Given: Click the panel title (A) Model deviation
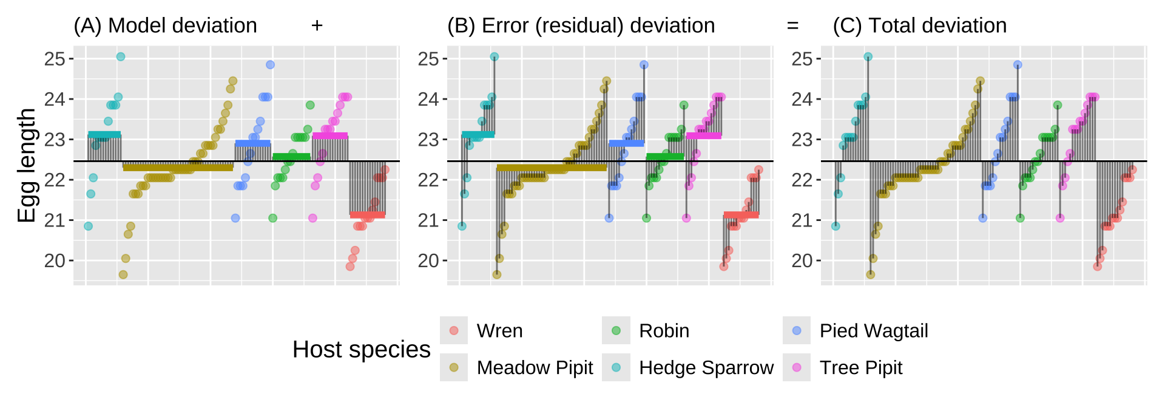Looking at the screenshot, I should click(165, 25).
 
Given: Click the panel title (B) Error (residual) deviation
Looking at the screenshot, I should click(581, 25).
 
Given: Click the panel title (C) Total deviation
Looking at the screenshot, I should click(919, 25).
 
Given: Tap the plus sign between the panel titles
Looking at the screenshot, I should click(317, 25).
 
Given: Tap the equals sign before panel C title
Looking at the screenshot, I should click(792, 25).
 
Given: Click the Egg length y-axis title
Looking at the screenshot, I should click(27, 165).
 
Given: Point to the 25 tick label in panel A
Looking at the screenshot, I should click(55, 59).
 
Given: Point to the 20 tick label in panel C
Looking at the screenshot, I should click(802, 260).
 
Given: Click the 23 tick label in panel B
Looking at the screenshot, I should click(428, 140).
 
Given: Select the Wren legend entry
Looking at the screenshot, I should click(499, 331).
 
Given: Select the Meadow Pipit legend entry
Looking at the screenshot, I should click(535, 368).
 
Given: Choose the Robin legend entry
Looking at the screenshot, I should click(664, 331).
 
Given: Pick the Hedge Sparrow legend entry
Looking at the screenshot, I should click(706, 368).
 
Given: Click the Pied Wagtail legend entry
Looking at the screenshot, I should click(873, 331).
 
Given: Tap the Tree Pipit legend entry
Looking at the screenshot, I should click(860, 368).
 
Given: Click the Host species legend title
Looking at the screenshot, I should click(361, 350).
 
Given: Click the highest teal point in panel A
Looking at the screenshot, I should click(121, 56).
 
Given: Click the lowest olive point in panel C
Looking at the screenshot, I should click(871, 274).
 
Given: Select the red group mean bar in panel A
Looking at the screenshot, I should click(368, 214).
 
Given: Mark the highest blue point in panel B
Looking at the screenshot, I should click(644, 65).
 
